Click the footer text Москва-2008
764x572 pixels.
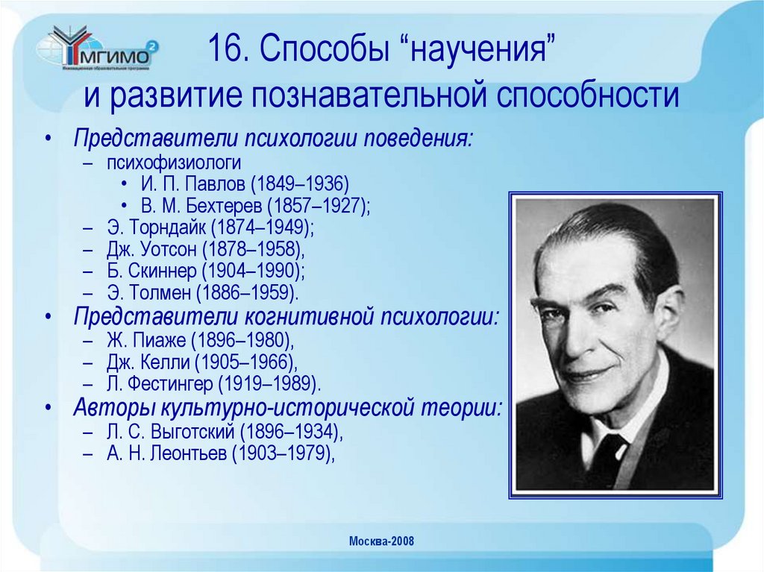381,541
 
